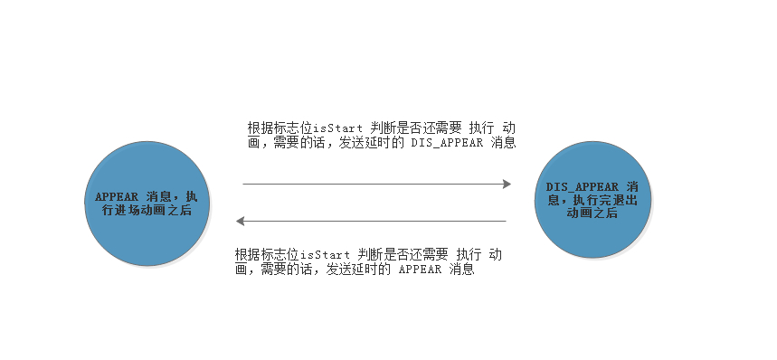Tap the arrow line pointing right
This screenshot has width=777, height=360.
click(x=375, y=185)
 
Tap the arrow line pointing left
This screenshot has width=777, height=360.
click(x=371, y=221)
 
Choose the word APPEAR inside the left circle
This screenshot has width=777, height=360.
click(x=117, y=196)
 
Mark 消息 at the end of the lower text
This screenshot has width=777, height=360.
click(x=461, y=270)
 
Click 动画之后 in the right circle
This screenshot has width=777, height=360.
click(x=592, y=213)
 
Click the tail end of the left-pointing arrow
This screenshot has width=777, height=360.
click(x=504, y=221)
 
